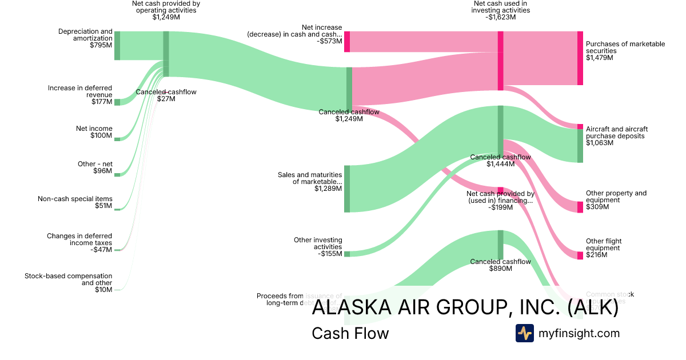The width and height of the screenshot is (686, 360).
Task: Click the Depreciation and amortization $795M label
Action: (85, 38)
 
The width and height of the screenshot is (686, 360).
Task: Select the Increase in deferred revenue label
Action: (80, 95)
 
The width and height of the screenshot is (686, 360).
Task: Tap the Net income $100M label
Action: (94, 132)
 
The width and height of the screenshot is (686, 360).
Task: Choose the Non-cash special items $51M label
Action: (75, 202)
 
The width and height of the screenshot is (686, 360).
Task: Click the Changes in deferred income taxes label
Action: (79, 242)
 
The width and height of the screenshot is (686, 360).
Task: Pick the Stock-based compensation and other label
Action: (69, 282)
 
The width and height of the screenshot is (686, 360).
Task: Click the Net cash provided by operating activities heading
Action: (166, 10)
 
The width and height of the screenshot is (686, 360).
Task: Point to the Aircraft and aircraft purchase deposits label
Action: (616, 136)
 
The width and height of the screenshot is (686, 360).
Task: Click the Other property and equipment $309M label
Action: (616, 200)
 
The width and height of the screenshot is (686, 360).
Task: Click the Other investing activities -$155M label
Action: (318, 247)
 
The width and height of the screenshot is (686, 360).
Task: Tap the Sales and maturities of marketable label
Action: (310, 182)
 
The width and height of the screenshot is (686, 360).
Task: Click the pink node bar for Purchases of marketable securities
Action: (580, 58)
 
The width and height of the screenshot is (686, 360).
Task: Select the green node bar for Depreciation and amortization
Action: (117, 45)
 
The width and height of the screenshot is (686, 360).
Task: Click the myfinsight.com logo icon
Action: (524, 333)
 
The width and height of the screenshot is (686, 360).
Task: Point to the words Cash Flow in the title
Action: (350, 334)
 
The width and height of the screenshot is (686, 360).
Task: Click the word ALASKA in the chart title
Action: (345, 308)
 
